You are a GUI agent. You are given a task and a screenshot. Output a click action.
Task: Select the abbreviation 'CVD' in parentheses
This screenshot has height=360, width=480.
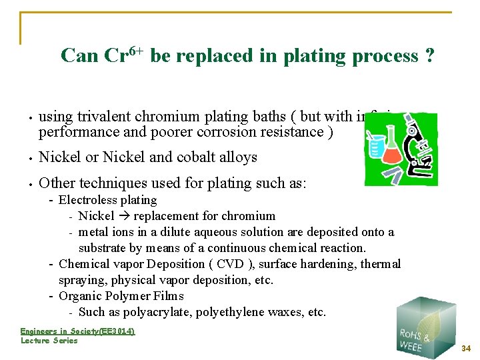point(233,264)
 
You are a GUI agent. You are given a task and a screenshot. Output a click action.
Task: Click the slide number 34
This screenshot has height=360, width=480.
point(466,348)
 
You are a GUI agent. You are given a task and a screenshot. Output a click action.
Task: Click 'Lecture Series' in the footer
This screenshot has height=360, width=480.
point(49,341)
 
